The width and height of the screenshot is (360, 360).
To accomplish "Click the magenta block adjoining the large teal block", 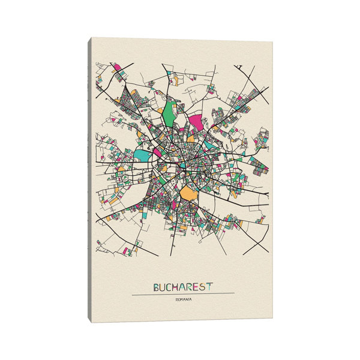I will coord(157,152).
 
